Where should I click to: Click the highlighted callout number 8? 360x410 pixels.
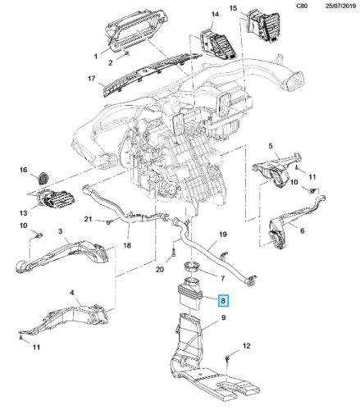223,301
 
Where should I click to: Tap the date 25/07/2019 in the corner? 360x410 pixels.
340,6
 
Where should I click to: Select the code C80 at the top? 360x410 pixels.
302,6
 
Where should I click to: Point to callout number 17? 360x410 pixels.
91,79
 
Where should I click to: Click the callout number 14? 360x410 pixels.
215,14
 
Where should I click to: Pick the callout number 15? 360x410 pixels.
233,8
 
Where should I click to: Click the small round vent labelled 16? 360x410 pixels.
43,178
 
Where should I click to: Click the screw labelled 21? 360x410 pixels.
108,222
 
